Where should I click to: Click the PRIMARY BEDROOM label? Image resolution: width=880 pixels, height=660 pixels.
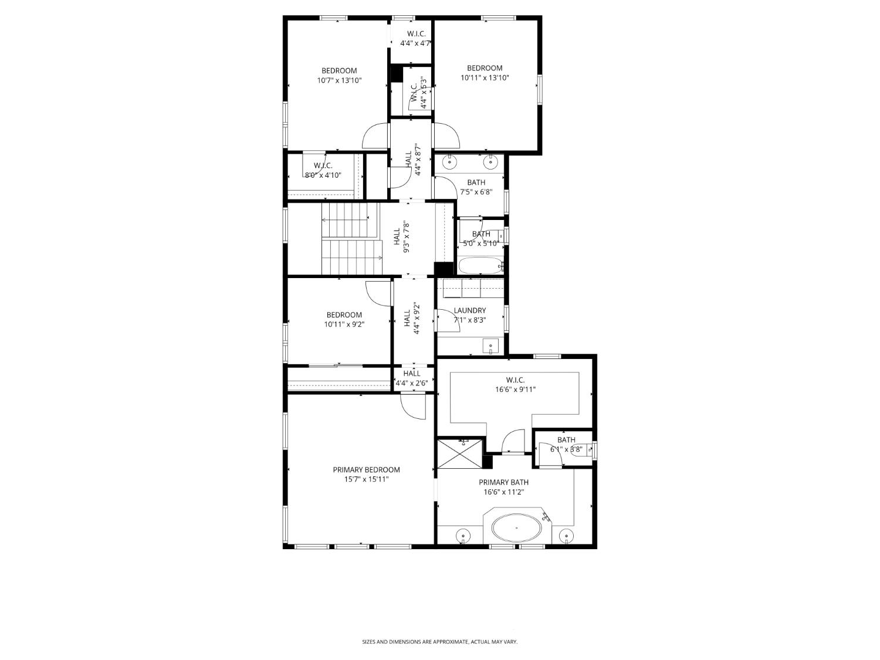366,469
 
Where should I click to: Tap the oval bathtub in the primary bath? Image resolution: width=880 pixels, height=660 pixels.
516,529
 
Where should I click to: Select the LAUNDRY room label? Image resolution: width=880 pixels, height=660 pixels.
469,310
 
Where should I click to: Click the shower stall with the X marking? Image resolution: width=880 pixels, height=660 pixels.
461,453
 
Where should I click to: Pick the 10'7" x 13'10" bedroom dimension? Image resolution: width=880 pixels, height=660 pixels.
339,80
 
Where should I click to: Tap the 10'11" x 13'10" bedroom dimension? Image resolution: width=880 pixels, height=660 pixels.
484,77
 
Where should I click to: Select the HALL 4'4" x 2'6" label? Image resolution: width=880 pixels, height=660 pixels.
412,378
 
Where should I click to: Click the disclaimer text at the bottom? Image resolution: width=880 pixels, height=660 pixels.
439,642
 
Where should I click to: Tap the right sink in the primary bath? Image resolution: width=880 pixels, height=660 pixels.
567,534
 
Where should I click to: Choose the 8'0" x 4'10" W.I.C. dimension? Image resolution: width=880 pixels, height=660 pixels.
323,175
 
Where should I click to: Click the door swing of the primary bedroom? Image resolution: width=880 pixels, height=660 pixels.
413,407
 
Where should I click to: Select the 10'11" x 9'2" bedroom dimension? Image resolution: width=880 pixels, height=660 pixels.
344,324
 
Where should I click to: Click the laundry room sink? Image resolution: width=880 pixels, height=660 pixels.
490,346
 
